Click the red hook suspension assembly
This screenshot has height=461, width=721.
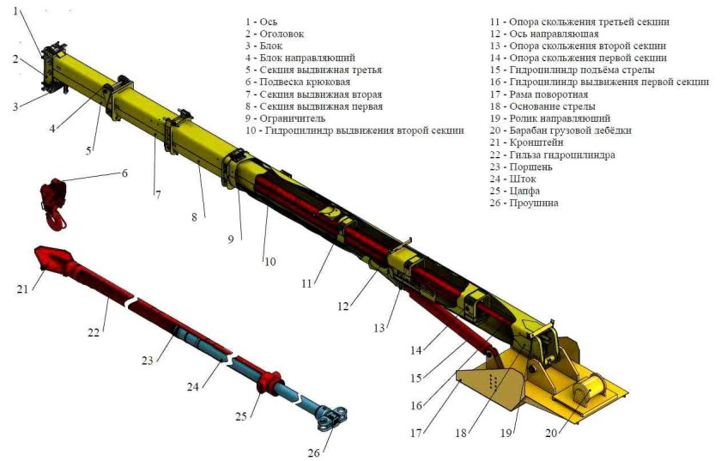click(x=53, y=199)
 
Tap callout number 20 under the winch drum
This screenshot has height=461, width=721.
click(x=550, y=434)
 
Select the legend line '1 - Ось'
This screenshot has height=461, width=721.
click(x=262, y=21)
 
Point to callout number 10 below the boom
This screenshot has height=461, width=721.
click(x=270, y=261)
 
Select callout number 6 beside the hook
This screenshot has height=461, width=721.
click(x=124, y=173)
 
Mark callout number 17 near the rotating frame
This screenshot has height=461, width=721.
click(x=416, y=432)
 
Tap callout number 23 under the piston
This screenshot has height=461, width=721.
click(x=148, y=361)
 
